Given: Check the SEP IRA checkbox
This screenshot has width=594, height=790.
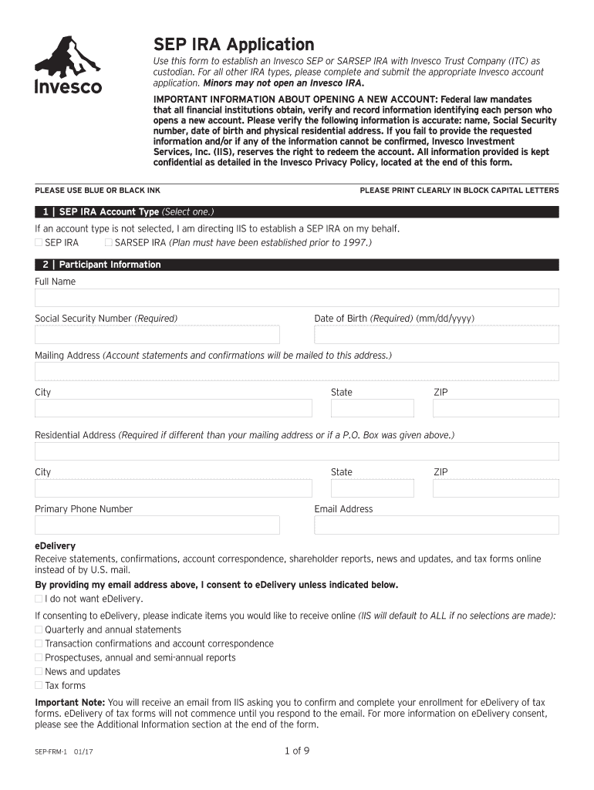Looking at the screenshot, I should point(39,243).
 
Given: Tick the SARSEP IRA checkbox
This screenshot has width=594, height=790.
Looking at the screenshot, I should point(109,243).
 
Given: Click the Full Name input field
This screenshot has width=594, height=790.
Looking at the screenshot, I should point(296,298).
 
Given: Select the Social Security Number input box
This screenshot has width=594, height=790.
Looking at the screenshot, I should point(157,334).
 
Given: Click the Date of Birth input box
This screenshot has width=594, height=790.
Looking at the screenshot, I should point(436,334).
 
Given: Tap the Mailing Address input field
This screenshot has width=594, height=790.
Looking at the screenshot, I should point(296,372).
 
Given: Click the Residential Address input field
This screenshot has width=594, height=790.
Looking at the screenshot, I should point(296,451).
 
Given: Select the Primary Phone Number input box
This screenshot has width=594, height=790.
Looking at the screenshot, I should point(157,525).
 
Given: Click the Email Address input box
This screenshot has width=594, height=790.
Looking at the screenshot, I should point(436,525).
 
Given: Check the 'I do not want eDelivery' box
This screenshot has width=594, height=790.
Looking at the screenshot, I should point(39,599).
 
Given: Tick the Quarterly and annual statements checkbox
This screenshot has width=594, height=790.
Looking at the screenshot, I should point(39,630).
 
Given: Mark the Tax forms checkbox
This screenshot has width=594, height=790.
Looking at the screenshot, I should point(39,686).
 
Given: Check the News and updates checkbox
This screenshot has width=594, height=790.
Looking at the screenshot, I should point(39,672).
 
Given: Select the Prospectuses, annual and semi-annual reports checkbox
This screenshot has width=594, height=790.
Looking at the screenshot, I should point(39,658).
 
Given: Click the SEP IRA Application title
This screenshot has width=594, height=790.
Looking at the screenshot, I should point(233,45).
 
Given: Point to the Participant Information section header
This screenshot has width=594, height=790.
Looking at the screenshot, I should point(110,265).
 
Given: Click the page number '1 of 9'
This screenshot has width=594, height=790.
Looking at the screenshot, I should point(297,751).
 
